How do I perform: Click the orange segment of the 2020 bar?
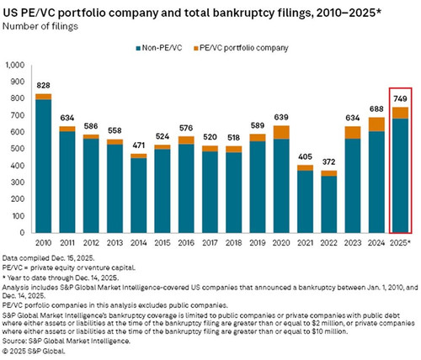(281, 132)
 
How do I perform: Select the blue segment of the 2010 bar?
(43, 166)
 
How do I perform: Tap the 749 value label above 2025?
(400, 98)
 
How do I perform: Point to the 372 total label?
(328, 162)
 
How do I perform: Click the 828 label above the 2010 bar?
(43, 85)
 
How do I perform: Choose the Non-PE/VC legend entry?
(159, 48)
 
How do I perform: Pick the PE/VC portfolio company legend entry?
(241, 48)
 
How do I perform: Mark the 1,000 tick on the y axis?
(15, 65)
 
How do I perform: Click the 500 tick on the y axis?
(18, 149)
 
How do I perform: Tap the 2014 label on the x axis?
(138, 243)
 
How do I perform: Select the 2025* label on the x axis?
(401, 243)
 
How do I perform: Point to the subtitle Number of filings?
(40, 27)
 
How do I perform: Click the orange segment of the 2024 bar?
(376, 124)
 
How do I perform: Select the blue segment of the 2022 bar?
(328, 204)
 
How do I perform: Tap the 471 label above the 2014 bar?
(138, 146)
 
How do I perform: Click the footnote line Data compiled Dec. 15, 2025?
(49, 258)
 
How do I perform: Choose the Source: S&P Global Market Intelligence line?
(67, 341)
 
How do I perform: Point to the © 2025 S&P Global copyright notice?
(34, 351)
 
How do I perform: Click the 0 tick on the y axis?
(22, 233)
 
